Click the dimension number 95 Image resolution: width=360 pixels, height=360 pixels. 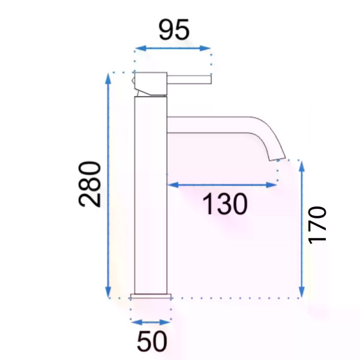point(174,29)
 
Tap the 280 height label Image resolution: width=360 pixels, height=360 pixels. point(89,184)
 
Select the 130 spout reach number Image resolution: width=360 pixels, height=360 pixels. point(225,204)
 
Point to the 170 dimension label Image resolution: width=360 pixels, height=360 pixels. point(317,225)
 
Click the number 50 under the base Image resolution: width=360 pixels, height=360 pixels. point(152,341)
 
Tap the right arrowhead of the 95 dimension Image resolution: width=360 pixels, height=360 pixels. point(205,48)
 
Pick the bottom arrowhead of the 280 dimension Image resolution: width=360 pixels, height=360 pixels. point(108,292)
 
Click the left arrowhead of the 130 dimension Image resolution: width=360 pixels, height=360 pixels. point(173,185)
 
